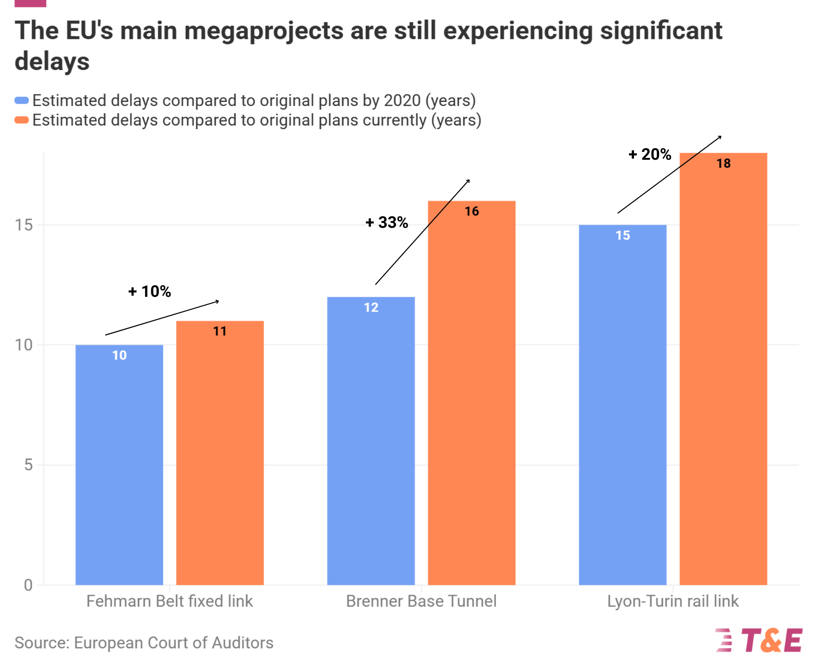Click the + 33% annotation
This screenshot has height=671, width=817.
(x=387, y=223)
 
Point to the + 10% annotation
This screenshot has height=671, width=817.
(x=150, y=292)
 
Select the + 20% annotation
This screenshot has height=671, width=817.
(x=650, y=154)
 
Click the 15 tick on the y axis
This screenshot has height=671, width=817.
(x=24, y=226)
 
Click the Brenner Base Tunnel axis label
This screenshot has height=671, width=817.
(x=421, y=601)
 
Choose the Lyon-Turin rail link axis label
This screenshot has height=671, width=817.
(x=672, y=601)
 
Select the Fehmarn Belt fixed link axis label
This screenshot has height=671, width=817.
(x=170, y=601)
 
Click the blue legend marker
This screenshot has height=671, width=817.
(x=22, y=100)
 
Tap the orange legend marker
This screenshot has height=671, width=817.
(x=22, y=120)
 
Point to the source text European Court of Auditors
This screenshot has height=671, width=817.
(x=174, y=643)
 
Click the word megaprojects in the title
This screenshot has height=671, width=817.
(x=264, y=31)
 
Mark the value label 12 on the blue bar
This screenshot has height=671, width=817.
(x=371, y=307)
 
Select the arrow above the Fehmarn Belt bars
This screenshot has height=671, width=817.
(x=162, y=318)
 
